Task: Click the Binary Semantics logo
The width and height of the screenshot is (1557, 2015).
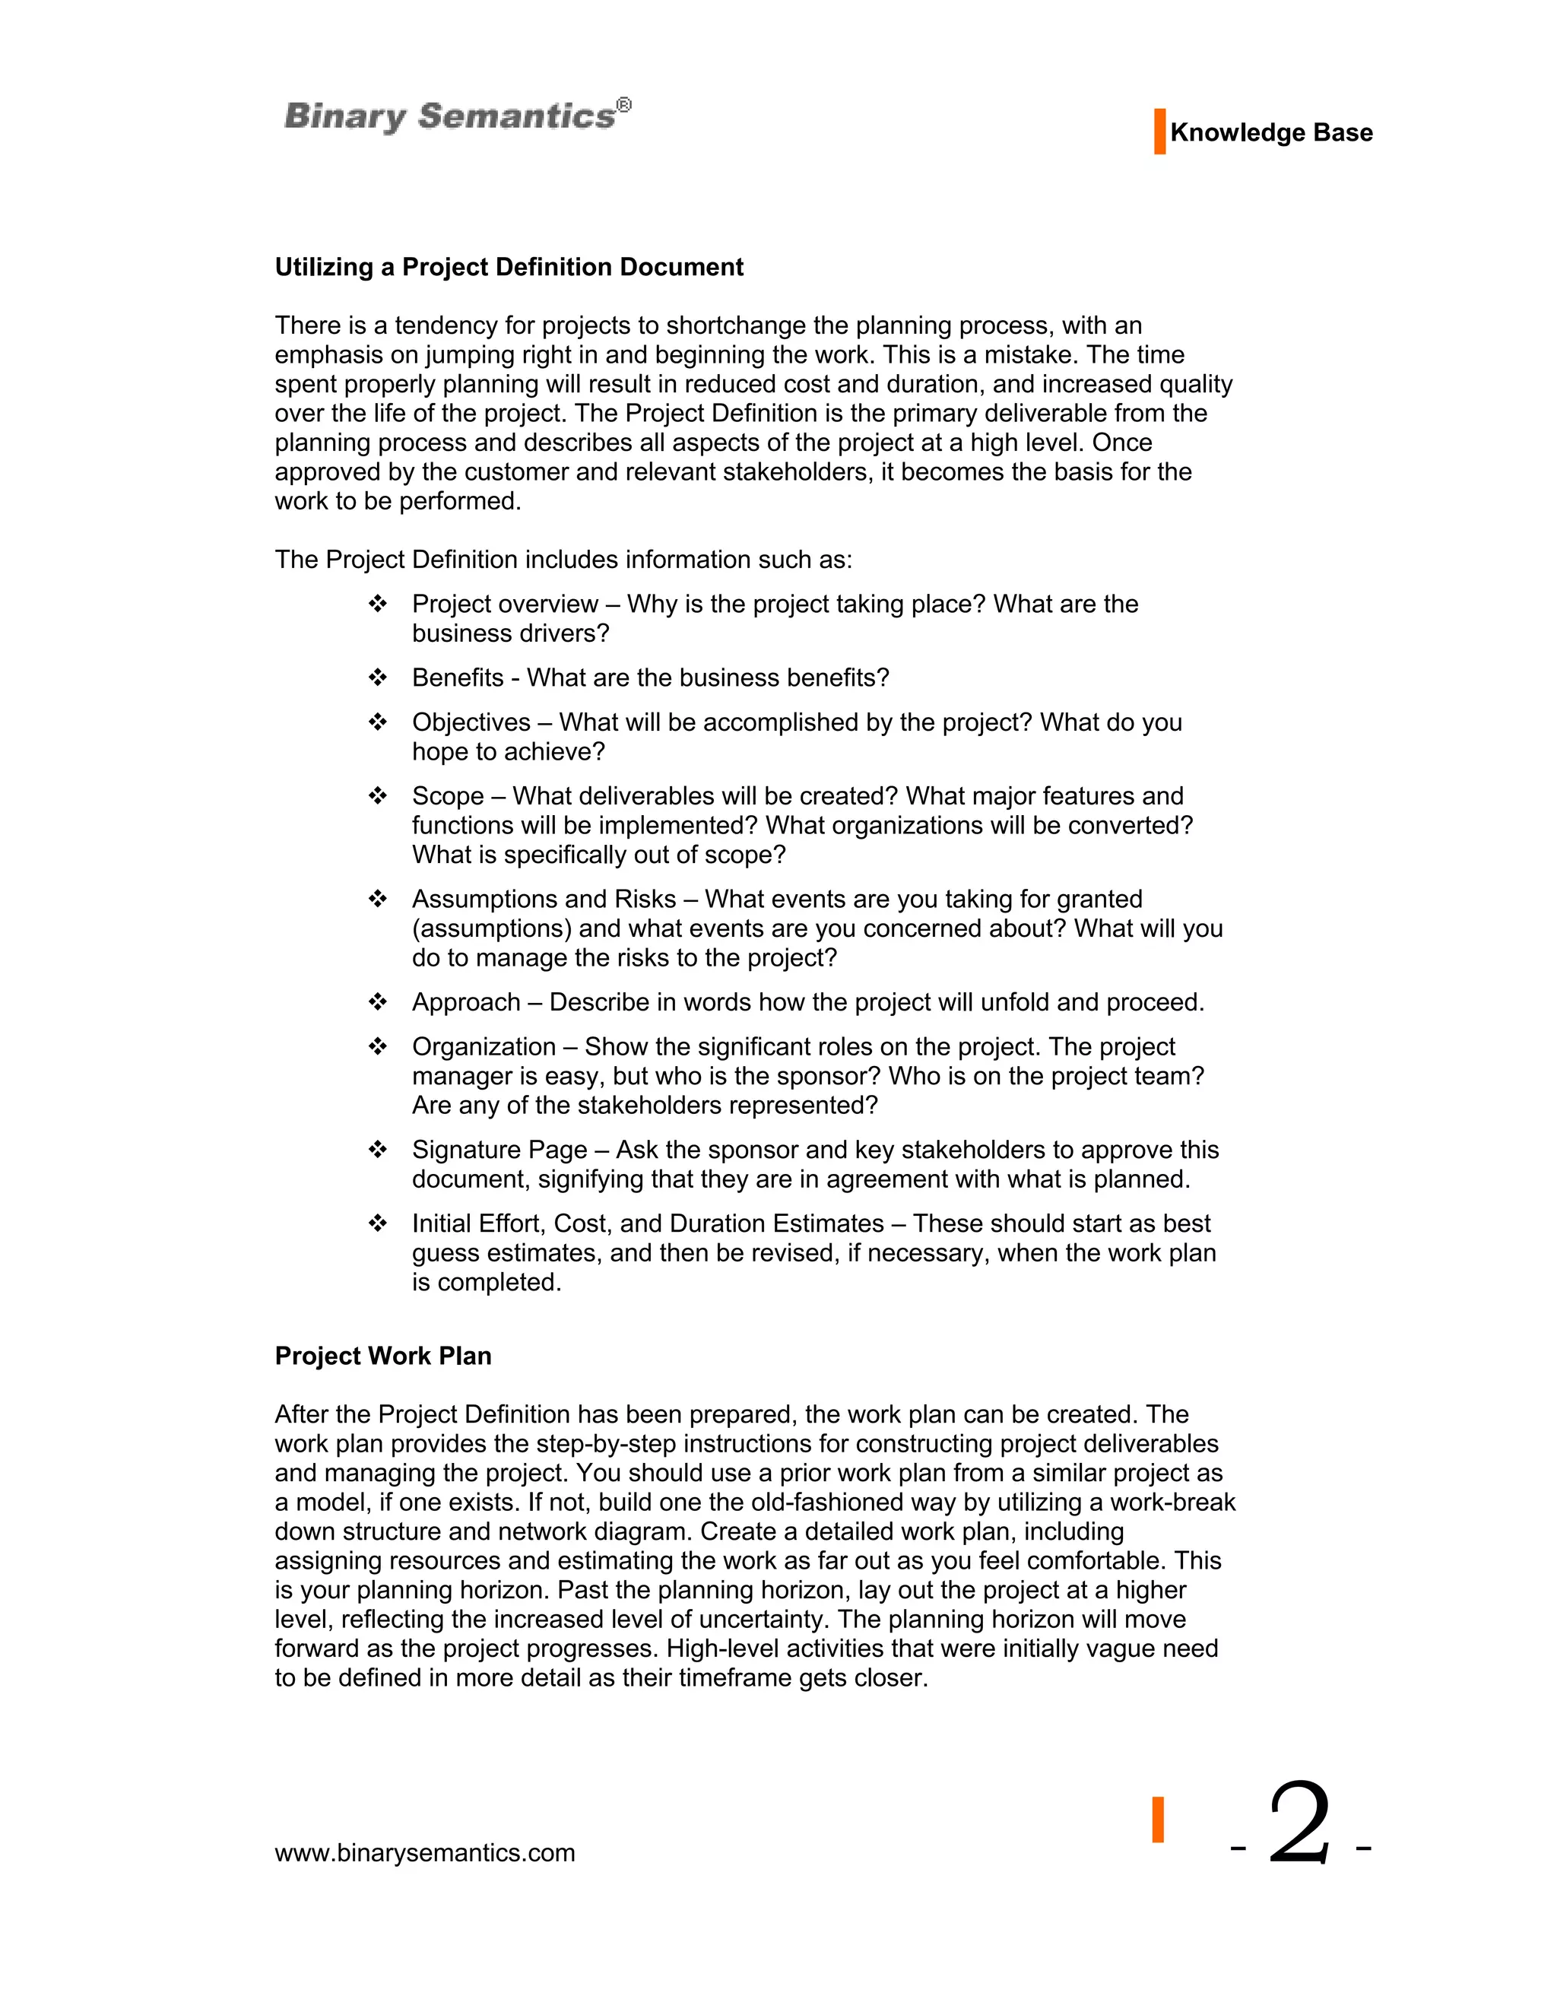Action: (x=449, y=117)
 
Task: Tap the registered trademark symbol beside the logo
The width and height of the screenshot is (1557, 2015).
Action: (x=624, y=105)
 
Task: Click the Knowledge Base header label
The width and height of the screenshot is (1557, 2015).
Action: (x=1270, y=133)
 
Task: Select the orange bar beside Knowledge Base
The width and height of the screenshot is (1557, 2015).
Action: (x=1159, y=132)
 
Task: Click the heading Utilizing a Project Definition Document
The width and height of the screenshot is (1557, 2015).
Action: (x=509, y=268)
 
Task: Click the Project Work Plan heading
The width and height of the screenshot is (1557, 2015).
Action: (x=383, y=1357)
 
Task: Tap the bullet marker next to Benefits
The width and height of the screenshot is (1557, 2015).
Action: (x=377, y=678)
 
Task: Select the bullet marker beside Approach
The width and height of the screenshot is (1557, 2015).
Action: (x=377, y=1002)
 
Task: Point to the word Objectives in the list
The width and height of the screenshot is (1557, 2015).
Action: (x=471, y=722)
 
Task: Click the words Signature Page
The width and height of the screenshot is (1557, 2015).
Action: (x=499, y=1150)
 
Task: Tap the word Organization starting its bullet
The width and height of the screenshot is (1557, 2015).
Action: (x=484, y=1047)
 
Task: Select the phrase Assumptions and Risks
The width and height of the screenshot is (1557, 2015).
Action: (x=544, y=900)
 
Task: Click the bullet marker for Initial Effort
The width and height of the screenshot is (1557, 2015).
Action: (x=377, y=1223)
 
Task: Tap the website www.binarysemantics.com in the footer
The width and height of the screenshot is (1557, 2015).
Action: (x=424, y=1854)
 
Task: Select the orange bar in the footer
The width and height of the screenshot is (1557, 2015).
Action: (x=1158, y=1820)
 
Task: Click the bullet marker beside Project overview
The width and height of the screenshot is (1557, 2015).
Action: (x=377, y=604)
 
